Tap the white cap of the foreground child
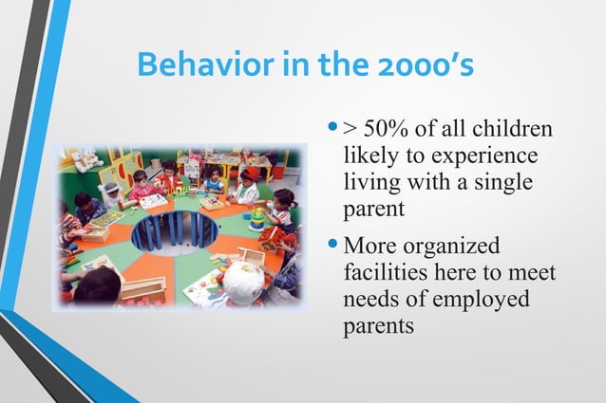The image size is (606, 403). pos(244,281)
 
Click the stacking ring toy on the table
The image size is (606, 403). pos(256,219)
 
